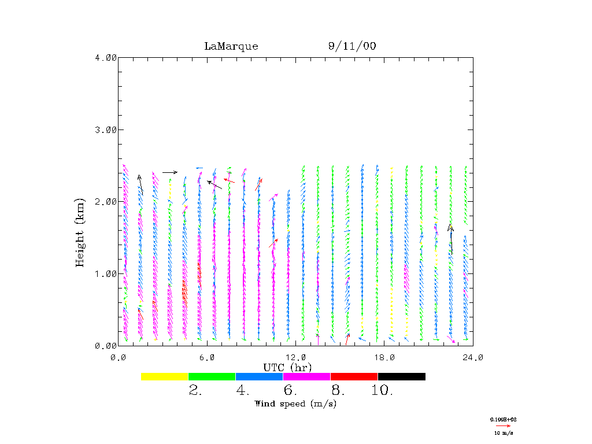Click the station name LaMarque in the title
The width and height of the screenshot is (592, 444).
(231, 46)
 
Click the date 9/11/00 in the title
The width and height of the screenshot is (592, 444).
(352, 46)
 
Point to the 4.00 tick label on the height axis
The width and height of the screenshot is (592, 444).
(106, 57)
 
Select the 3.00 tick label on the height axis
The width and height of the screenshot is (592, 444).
(106, 129)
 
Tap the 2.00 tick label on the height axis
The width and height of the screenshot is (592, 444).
(106, 201)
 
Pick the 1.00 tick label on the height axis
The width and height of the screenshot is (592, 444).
(106, 273)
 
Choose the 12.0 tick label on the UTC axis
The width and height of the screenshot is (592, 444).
(295, 357)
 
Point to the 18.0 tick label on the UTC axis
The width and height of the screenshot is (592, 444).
(384, 357)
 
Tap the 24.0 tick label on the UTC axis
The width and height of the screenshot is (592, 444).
(473, 357)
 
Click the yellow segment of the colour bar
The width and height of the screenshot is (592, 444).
(165, 376)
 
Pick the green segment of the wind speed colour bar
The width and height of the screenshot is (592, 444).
(212, 376)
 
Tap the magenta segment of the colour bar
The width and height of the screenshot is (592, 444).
(306, 376)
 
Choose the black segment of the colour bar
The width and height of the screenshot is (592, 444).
(401, 376)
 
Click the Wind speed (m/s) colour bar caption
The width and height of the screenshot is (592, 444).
(295, 404)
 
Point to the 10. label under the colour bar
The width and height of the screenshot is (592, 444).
(382, 391)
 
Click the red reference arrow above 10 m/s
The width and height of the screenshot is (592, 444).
(503, 425)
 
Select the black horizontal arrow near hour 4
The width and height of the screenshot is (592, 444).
(170, 172)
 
